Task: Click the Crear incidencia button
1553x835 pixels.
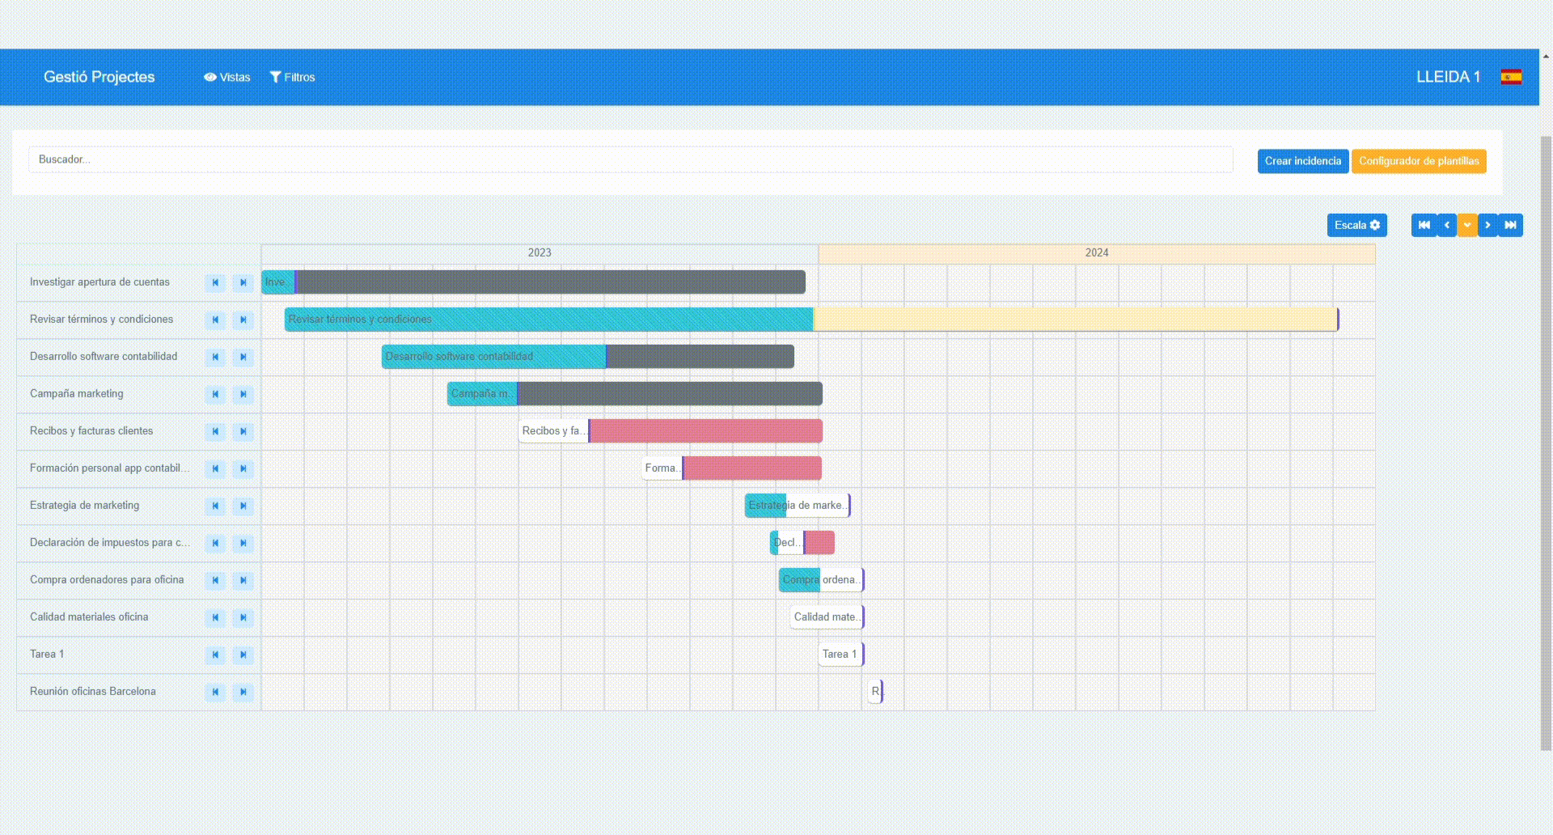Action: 1302,161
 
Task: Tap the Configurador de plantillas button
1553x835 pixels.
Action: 1418,161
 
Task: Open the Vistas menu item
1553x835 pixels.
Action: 227,77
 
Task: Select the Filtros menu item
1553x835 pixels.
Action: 292,77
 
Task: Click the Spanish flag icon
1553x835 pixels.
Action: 1511,77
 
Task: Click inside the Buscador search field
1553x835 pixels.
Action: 631,159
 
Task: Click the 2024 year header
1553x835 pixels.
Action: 1096,253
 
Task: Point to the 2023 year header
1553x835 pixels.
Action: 540,253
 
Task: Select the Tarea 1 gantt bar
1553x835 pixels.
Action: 841,654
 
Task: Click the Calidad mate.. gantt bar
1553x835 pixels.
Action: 827,617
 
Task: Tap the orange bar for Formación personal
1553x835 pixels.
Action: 752,468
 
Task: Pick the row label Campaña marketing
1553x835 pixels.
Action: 77,393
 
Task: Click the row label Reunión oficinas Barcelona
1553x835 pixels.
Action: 93,691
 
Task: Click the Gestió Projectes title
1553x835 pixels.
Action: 99,77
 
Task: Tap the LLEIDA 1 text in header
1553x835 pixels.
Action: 1448,77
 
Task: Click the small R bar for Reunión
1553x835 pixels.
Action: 875,691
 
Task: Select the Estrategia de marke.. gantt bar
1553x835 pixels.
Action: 797,505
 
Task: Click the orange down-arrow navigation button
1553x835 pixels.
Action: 1466,225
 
